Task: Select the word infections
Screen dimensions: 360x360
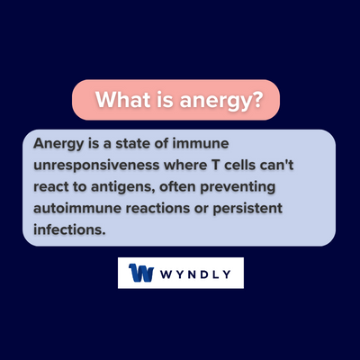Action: pos(67,229)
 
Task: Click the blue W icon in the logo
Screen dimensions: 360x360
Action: pos(140,274)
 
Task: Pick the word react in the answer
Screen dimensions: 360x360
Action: pos(52,186)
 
